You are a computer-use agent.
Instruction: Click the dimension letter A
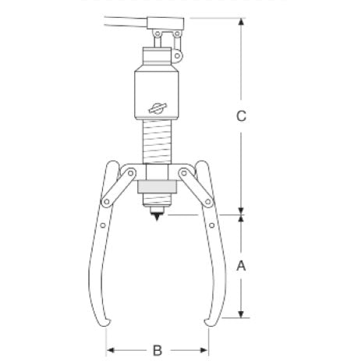(x=241, y=265)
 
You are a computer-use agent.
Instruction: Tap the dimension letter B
(x=157, y=350)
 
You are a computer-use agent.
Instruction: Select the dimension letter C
(x=241, y=116)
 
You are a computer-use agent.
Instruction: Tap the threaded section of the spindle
(x=157, y=145)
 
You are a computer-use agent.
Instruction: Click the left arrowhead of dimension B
(x=109, y=350)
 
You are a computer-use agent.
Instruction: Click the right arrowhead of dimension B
(x=206, y=350)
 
